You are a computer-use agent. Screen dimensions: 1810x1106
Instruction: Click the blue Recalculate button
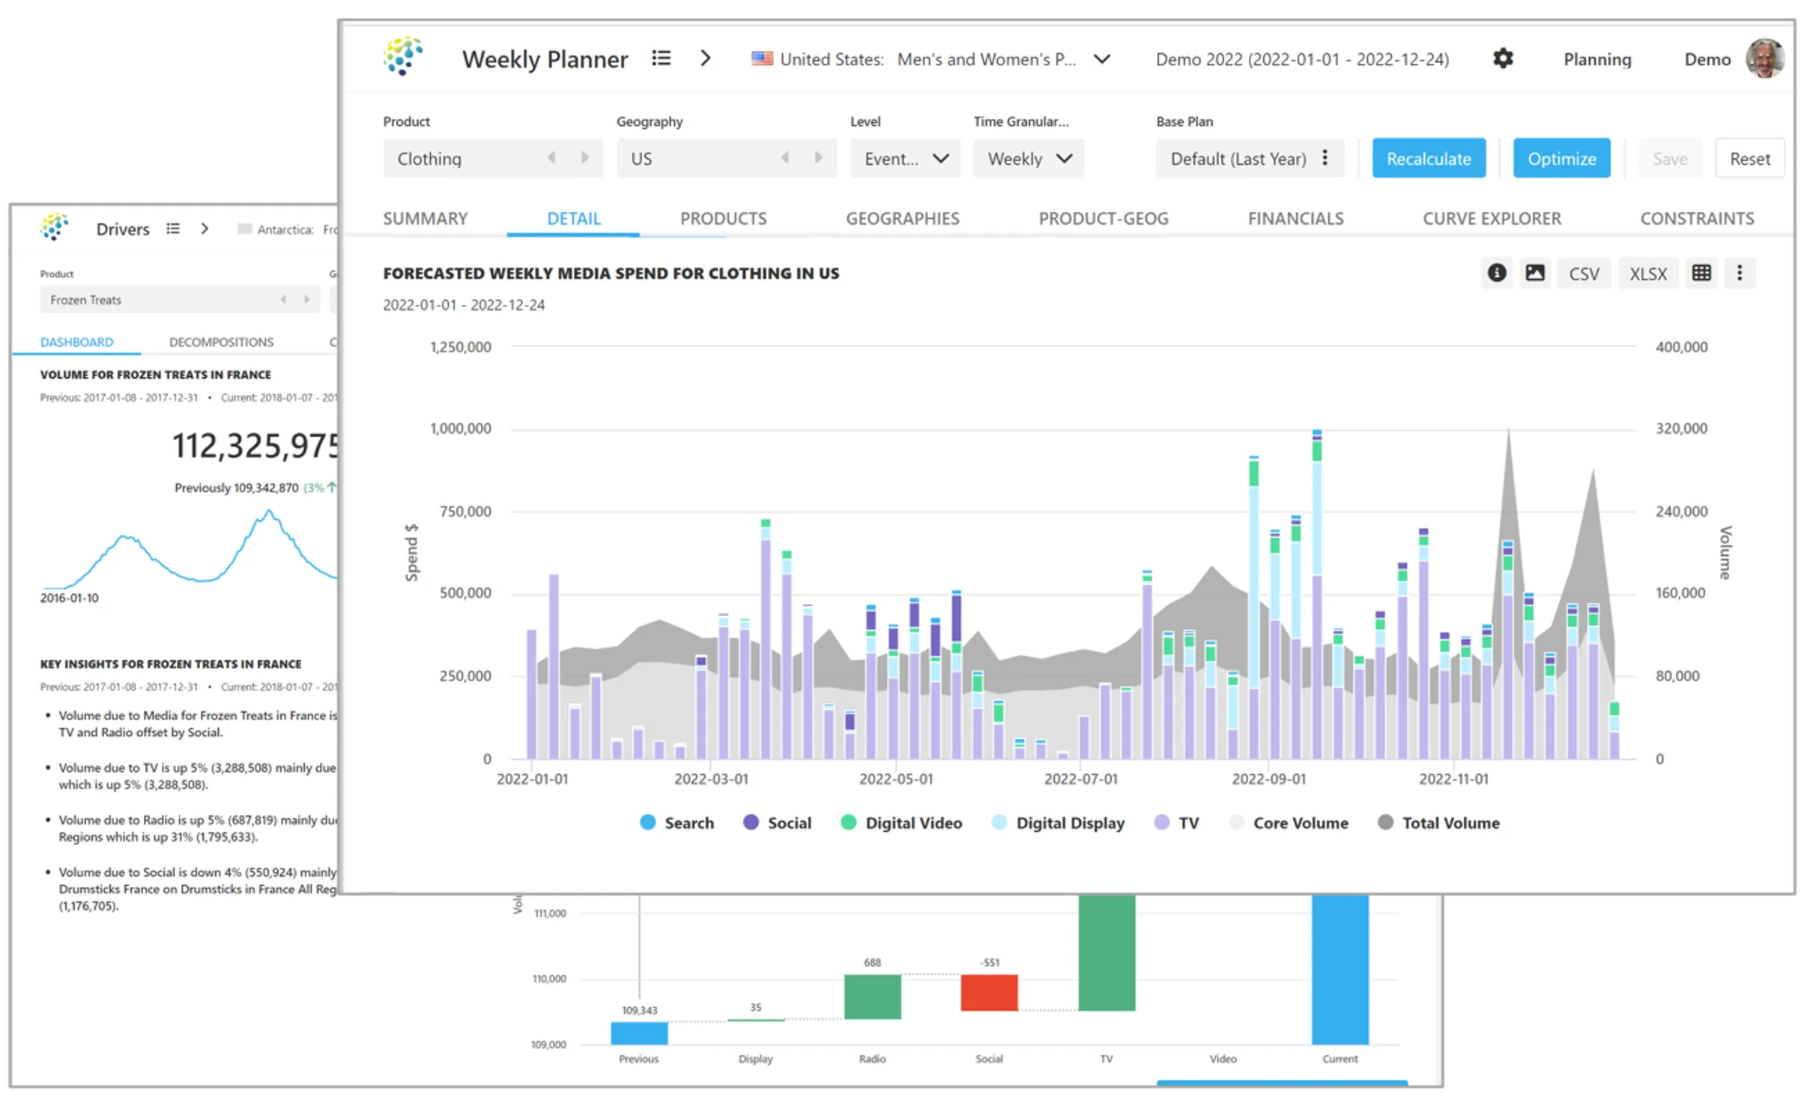[x=1428, y=158]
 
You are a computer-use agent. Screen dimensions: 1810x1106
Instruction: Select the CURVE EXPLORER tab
[x=1491, y=218]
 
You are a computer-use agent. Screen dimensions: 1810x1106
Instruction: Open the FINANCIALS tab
[x=1295, y=218]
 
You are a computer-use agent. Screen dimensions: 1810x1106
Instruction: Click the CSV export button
[x=1583, y=274]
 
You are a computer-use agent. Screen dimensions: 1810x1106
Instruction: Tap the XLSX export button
[x=1647, y=274]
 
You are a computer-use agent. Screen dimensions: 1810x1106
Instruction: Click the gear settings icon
[x=1502, y=58]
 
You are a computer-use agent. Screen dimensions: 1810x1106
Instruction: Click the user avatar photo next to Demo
[x=1764, y=58]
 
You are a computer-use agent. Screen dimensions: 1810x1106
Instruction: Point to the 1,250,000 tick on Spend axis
[x=460, y=347]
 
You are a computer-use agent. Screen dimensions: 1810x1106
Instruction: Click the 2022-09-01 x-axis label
[x=1268, y=779]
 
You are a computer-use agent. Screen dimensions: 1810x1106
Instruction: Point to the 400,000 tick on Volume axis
[x=1680, y=347]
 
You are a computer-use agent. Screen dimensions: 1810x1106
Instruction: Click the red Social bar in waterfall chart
[x=988, y=992]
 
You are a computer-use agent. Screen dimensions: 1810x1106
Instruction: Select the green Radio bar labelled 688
[x=872, y=996]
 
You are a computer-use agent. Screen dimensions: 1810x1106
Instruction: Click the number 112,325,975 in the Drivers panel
[x=255, y=446]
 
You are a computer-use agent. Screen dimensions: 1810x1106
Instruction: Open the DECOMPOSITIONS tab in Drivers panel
[x=221, y=342]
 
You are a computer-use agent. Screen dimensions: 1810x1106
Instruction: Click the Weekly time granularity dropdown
[x=1028, y=158]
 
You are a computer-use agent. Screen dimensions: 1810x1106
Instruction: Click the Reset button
[x=1749, y=158]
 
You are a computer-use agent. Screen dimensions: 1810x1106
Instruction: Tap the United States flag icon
[x=762, y=58]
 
